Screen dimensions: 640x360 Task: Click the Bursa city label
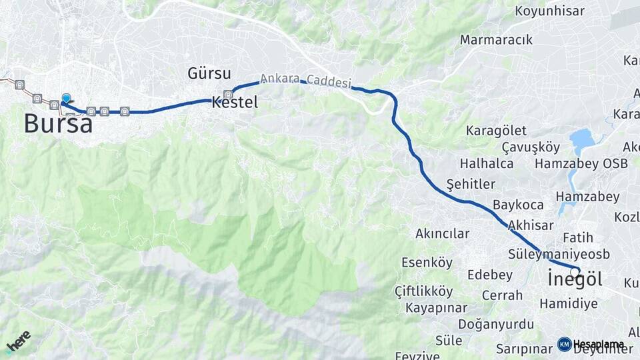[x=58, y=123]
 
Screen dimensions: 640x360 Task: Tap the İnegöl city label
[x=574, y=280]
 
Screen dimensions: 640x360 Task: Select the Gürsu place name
[x=209, y=73]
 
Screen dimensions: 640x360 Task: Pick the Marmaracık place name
[x=496, y=40]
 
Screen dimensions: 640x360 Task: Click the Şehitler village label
[x=471, y=183]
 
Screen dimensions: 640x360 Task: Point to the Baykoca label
[x=518, y=205]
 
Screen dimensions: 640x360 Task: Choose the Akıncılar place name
[x=442, y=234]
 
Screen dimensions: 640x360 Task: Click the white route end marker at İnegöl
[x=575, y=271]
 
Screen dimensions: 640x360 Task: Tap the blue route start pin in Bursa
[x=66, y=99]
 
